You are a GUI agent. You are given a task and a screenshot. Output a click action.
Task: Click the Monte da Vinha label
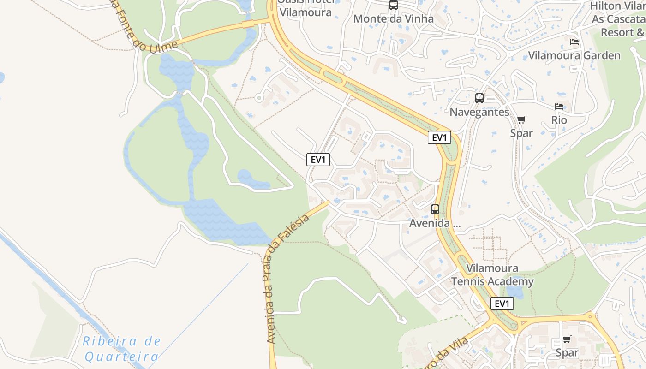(x=393, y=19)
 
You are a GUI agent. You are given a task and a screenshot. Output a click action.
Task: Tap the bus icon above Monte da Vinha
(x=393, y=6)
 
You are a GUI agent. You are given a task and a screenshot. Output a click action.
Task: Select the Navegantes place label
(x=479, y=112)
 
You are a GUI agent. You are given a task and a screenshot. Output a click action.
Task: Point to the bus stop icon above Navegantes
(x=479, y=98)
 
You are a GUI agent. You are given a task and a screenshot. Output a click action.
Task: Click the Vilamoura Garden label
(x=574, y=55)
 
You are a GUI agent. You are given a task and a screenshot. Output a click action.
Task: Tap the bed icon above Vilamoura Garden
(x=574, y=42)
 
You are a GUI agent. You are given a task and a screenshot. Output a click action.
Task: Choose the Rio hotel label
(x=559, y=120)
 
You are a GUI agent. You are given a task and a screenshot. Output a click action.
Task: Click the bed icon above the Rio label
(x=559, y=107)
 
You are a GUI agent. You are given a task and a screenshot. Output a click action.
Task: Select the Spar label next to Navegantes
(x=521, y=133)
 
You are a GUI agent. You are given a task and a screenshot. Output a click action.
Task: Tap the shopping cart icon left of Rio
(x=521, y=120)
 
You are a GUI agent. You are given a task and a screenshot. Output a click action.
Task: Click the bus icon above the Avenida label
(x=435, y=209)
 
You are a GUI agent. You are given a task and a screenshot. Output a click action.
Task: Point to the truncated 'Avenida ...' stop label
(x=435, y=223)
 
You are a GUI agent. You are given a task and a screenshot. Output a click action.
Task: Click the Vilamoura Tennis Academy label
(x=492, y=275)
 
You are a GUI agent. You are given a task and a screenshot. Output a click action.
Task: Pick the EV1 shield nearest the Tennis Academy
(x=502, y=304)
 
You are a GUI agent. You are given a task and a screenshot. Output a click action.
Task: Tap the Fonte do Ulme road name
(x=143, y=28)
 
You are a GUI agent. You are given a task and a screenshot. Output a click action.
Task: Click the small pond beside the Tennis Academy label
(x=515, y=292)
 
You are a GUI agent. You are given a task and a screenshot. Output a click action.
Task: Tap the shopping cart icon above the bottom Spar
(x=567, y=339)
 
